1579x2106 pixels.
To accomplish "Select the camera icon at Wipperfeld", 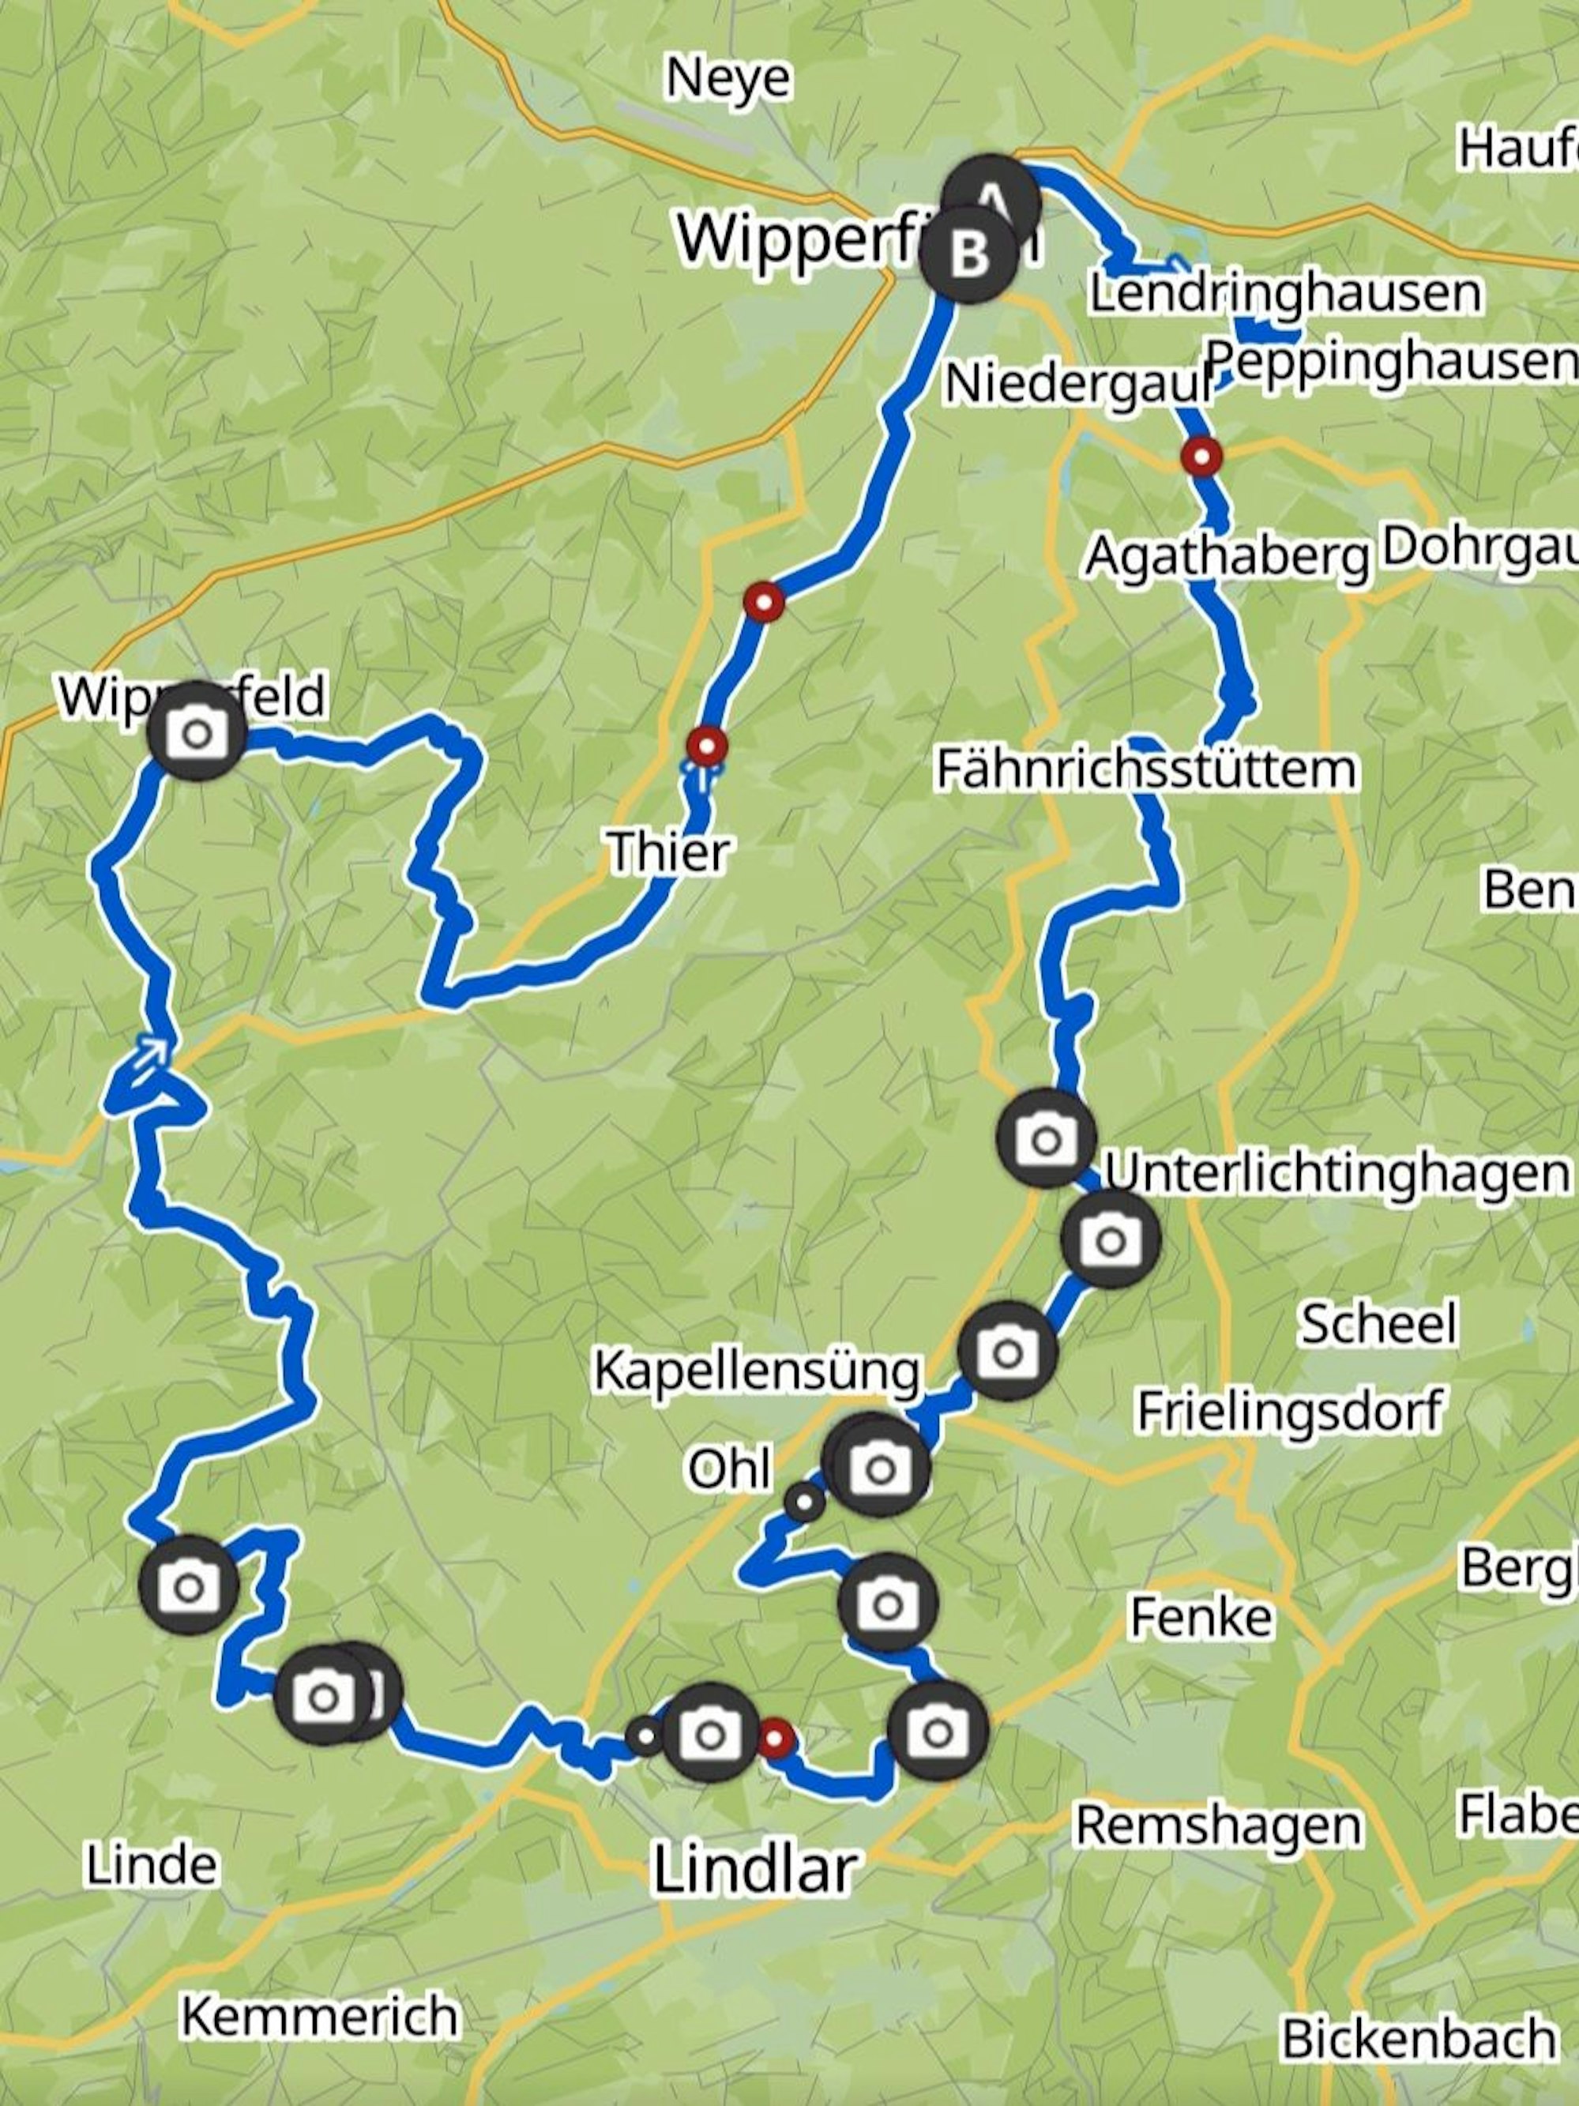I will tap(197, 732).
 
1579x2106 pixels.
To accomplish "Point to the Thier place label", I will tap(669, 851).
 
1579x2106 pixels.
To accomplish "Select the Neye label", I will tap(728, 78).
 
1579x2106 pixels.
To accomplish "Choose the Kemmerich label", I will tap(320, 2016).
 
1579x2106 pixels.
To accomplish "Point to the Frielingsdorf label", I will tap(1290, 1411).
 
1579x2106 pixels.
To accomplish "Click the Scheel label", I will tap(1378, 1323).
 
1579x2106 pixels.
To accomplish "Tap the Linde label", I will tap(152, 1864).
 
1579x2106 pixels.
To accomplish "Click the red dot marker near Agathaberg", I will tap(1202, 456).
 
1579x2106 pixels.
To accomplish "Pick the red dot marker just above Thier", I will tap(706, 746).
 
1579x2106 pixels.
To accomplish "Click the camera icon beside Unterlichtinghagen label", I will tap(1110, 1239).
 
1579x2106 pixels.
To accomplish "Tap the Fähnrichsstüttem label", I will tap(1146, 769).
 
